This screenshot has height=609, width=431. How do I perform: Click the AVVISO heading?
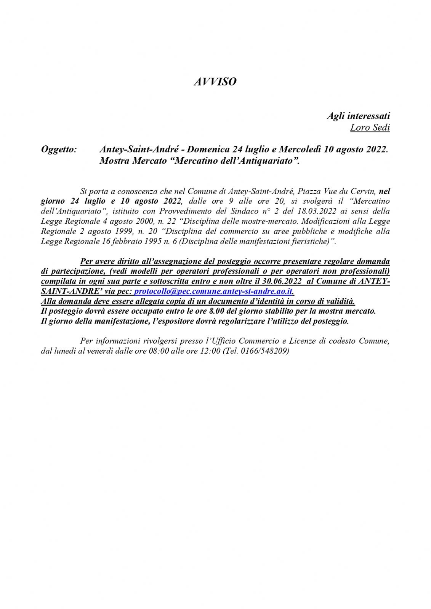click(215, 82)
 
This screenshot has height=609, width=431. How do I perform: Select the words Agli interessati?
click(358, 116)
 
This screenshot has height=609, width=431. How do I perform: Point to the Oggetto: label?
click(59, 149)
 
